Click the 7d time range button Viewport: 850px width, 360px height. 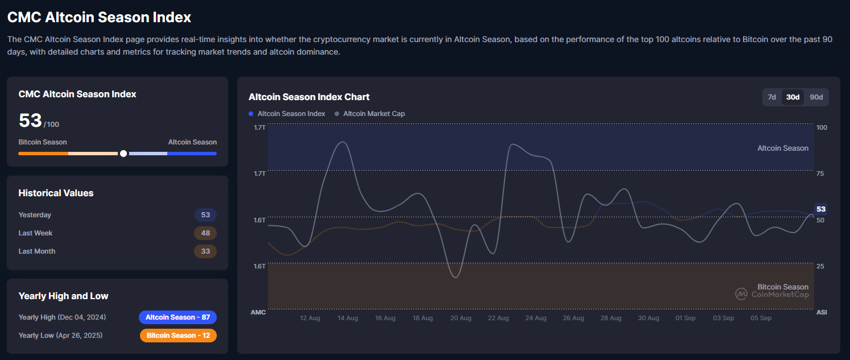tap(772, 97)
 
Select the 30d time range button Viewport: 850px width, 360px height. tap(793, 97)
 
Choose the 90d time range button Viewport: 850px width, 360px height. tap(816, 97)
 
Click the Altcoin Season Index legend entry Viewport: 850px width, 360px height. tap(287, 114)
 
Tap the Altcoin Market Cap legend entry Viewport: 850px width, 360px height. tap(370, 114)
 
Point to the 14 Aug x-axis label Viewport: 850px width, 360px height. tap(348, 318)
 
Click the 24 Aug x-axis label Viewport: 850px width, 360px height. tap(536, 318)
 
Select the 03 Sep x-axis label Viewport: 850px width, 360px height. tap(724, 318)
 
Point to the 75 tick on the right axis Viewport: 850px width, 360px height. tap(820, 173)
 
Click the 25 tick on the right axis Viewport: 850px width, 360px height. tap(820, 266)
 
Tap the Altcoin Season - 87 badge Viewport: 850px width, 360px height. tap(178, 317)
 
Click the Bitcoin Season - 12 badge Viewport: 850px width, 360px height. tap(178, 336)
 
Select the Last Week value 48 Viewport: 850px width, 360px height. tap(205, 233)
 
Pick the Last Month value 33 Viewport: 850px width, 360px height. tap(205, 251)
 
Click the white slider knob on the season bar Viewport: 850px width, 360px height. tap(123, 154)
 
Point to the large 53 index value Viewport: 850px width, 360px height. tap(30, 121)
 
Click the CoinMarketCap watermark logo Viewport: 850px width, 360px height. tap(741, 294)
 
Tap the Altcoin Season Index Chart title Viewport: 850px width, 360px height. tap(309, 97)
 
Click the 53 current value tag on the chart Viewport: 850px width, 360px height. tap(821, 209)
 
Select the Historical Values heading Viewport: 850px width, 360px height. tap(56, 193)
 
